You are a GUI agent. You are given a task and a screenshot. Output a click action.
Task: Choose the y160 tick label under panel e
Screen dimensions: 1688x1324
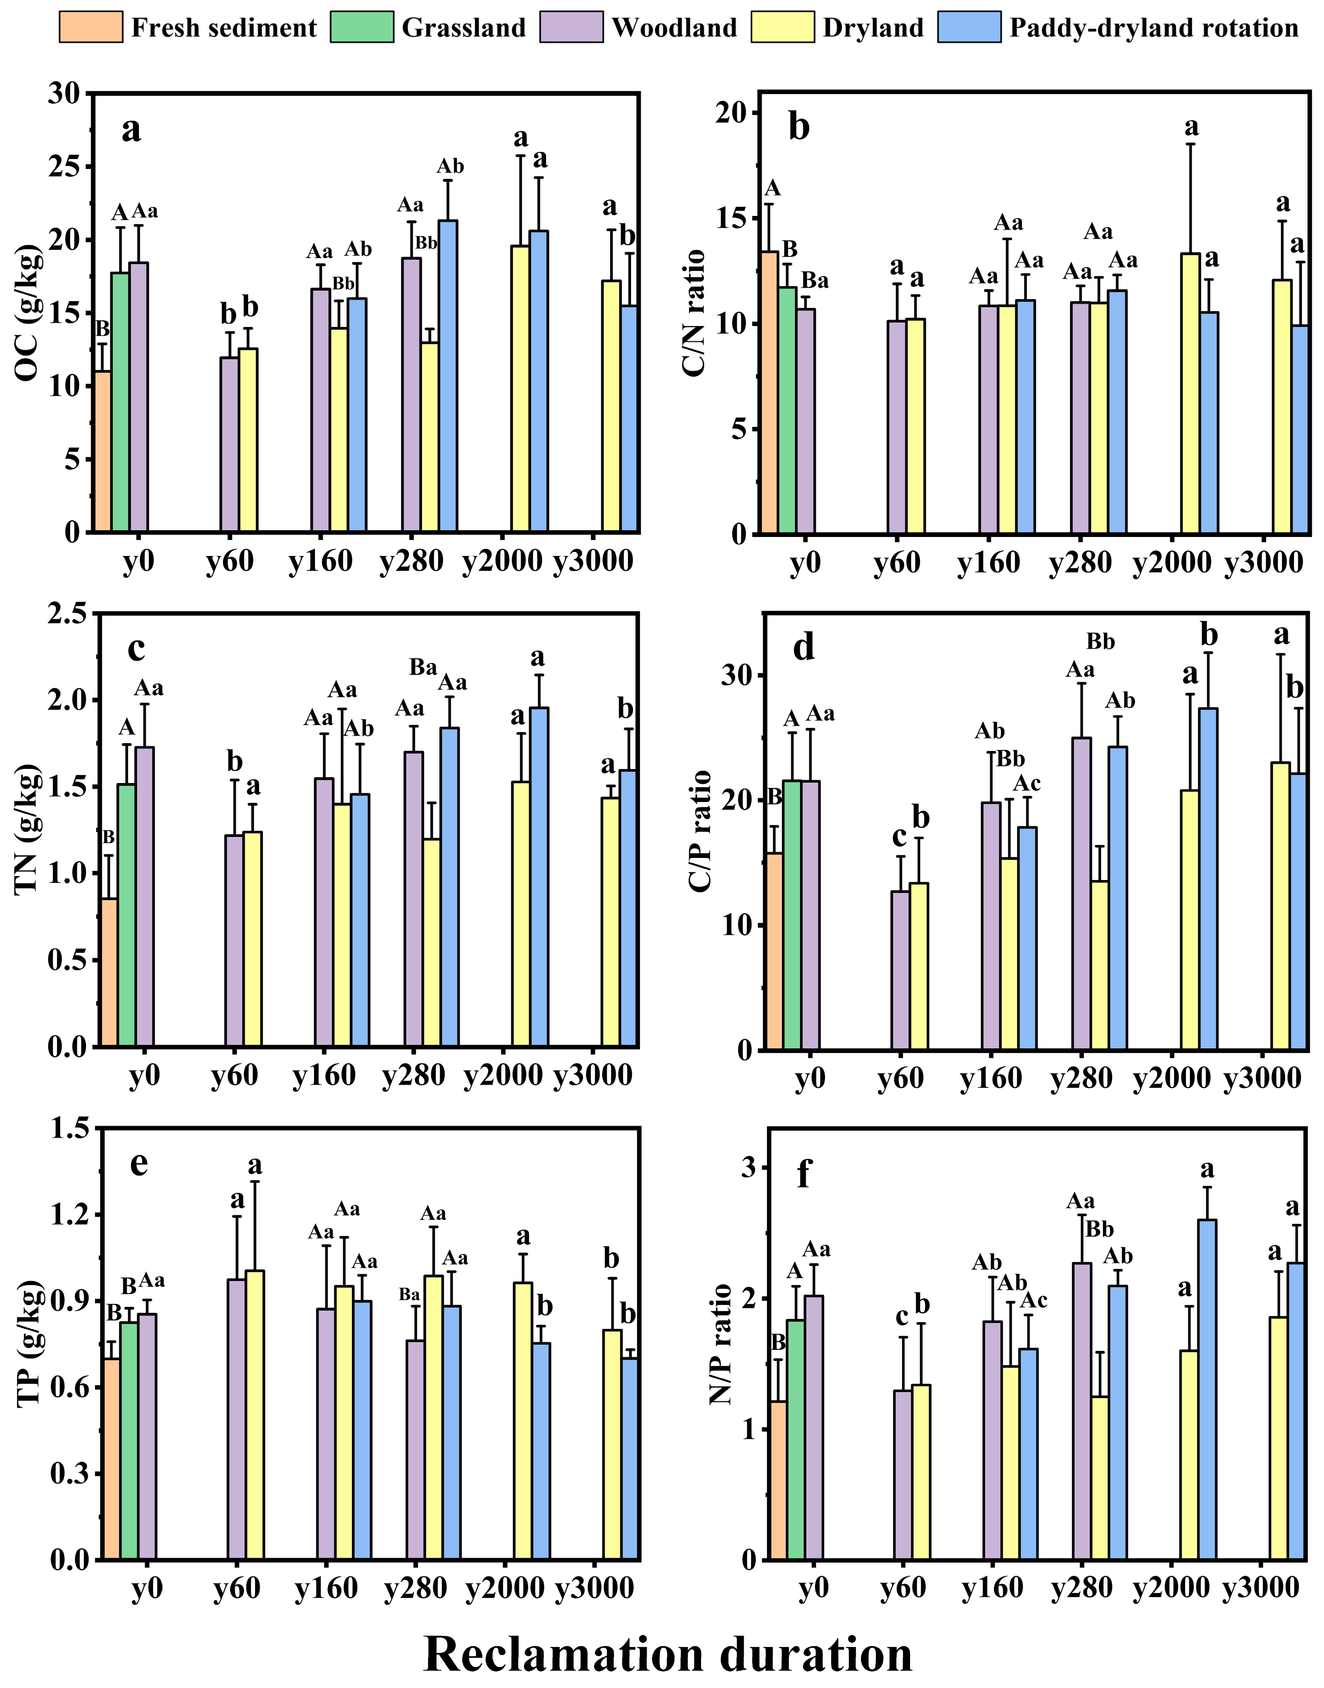pyautogui.click(x=326, y=1588)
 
